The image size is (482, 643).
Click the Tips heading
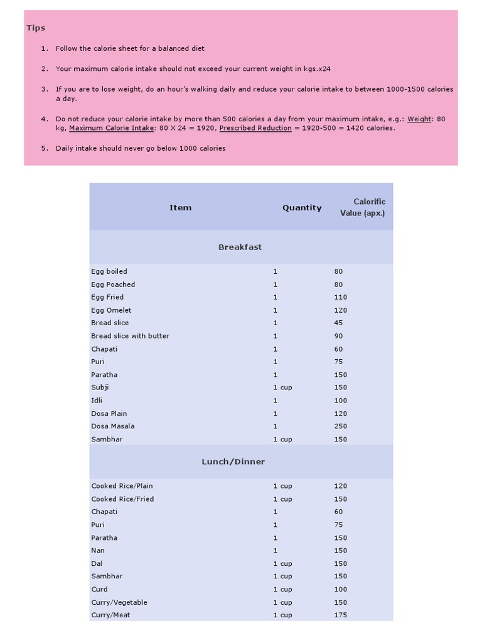click(36, 28)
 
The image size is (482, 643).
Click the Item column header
click(180, 208)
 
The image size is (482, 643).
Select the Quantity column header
click(302, 208)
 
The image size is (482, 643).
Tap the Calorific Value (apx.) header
click(363, 207)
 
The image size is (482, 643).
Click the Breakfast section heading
click(240, 247)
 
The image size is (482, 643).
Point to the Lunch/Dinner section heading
click(233, 462)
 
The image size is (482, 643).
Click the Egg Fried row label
click(107, 297)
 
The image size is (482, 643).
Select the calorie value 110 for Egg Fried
click(340, 297)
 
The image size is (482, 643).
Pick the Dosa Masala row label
click(112, 426)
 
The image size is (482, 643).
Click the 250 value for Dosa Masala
click(340, 426)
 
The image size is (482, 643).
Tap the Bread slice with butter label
click(130, 336)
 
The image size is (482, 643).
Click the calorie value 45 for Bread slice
click(338, 323)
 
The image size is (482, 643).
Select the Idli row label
click(97, 401)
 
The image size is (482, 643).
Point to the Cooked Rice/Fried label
click(122, 499)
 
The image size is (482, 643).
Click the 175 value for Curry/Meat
click(340, 615)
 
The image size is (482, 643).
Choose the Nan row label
click(98, 551)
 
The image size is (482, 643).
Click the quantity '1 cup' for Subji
click(282, 387)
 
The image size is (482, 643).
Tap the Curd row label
click(99, 590)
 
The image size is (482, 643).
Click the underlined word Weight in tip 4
click(419, 119)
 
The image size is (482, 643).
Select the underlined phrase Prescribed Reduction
click(255, 128)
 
